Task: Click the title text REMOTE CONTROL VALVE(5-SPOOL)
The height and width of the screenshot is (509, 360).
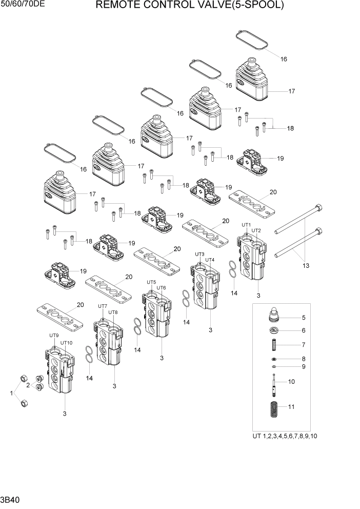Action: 189,6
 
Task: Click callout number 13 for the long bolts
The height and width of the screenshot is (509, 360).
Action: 306,265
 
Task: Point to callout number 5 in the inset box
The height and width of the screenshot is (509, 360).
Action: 304,318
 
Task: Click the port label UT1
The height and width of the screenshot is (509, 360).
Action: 246,225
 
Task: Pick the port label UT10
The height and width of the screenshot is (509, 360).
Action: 67,343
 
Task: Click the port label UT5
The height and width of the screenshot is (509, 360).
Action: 151,282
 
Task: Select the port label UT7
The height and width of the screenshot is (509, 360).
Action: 103,306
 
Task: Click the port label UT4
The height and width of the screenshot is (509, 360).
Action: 210,260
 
